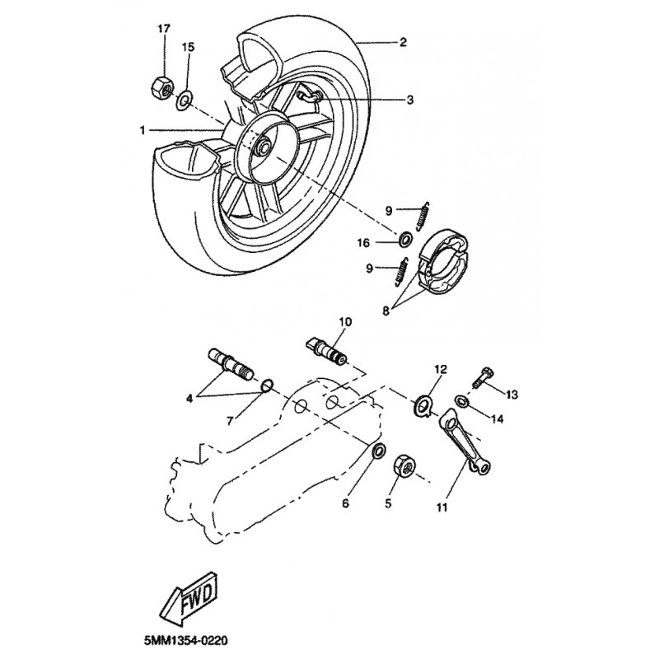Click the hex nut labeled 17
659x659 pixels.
pyautogui.click(x=162, y=86)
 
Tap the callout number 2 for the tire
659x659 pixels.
pyautogui.click(x=403, y=42)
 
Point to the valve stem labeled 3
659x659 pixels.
pyautogui.click(x=309, y=96)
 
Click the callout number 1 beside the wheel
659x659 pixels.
pyautogui.click(x=143, y=131)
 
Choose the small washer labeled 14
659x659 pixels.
pyautogui.click(x=462, y=400)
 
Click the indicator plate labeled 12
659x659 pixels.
pyautogui.click(x=424, y=406)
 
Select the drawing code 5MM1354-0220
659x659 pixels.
pyautogui.click(x=185, y=641)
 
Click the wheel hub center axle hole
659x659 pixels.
pyautogui.click(x=264, y=149)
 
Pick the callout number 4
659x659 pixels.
pyautogui.click(x=189, y=398)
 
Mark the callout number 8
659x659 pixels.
pyautogui.click(x=386, y=311)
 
